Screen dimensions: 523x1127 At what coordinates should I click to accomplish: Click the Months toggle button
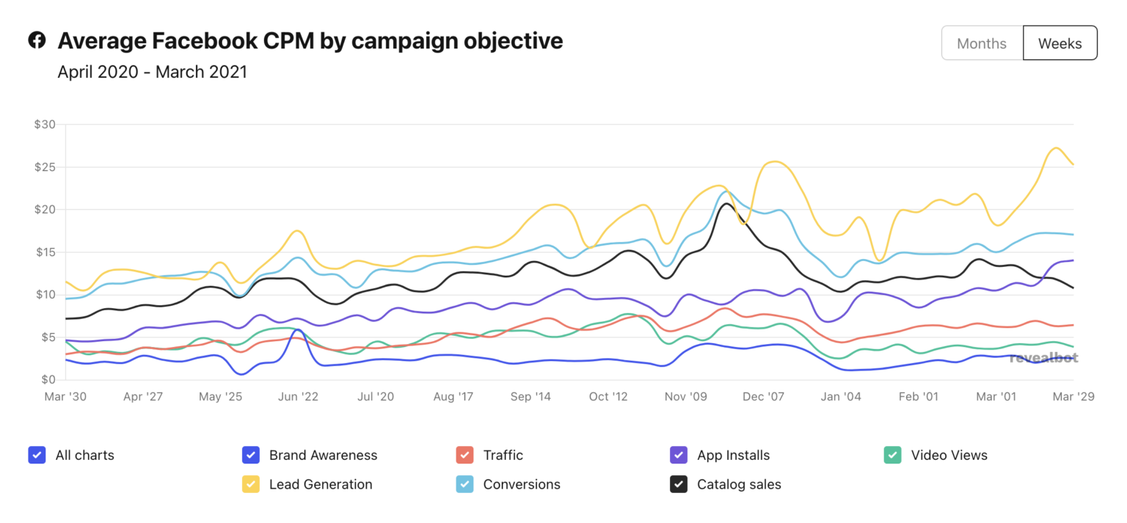point(982,43)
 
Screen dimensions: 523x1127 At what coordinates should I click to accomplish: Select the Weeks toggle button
point(1059,43)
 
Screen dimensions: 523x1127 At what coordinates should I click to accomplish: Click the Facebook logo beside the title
point(37,40)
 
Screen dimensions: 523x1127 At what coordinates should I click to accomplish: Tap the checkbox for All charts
point(37,455)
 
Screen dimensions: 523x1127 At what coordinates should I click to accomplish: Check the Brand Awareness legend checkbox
point(251,455)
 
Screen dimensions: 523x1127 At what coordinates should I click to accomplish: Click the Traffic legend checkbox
point(464,455)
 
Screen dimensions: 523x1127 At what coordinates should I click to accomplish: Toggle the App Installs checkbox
point(679,455)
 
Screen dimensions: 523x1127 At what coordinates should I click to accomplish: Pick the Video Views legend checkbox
point(892,455)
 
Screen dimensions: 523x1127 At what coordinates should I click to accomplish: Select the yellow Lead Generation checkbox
point(251,484)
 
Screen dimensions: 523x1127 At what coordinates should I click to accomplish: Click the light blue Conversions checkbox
point(464,484)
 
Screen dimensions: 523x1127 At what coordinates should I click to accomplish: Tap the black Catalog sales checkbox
point(679,484)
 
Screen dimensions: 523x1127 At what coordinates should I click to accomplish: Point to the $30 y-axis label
point(45,125)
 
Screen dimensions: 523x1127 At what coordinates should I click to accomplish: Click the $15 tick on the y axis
point(45,252)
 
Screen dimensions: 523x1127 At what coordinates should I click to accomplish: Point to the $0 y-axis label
point(48,380)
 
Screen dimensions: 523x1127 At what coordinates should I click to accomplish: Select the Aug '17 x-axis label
point(453,397)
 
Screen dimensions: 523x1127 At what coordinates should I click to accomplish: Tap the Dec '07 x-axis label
point(764,397)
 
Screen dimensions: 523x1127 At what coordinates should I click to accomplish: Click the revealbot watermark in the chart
point(1043,358)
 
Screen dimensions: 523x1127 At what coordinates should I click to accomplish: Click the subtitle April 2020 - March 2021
point(152,72)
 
